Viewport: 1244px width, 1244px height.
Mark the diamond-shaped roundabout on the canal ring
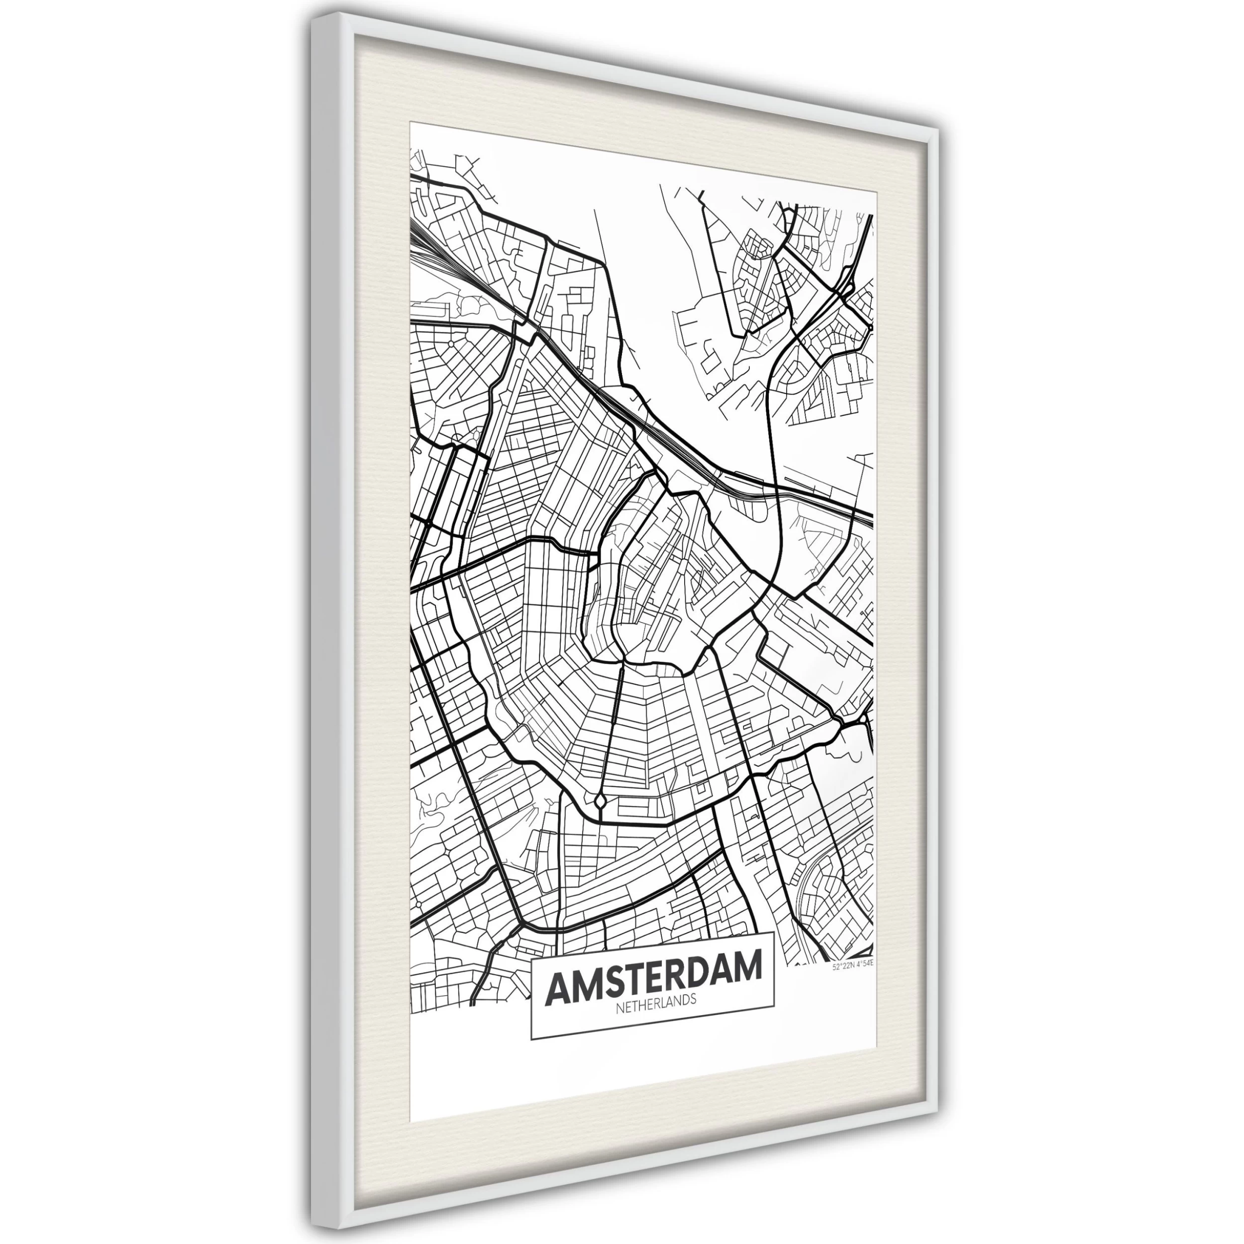pyautogui.click(x=600, y=801)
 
